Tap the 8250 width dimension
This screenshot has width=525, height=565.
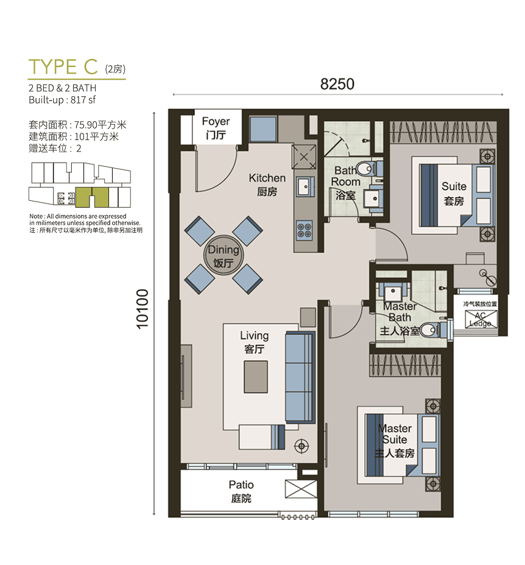click(337, 84)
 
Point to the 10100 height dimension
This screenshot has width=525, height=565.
click(143, 309)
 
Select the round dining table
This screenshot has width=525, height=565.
click(224, 255)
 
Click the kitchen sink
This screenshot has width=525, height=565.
click(305, 187)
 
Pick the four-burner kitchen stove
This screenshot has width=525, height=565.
click(305, 230)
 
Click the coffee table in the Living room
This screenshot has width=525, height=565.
click(256, 376)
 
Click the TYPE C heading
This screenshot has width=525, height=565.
click(63, 66)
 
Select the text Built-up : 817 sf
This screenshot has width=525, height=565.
click(62, 100)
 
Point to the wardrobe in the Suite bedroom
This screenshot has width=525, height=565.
click(443, 132)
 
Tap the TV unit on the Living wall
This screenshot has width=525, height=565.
click(186, 376)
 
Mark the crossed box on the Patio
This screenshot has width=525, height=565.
click(301, 489)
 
